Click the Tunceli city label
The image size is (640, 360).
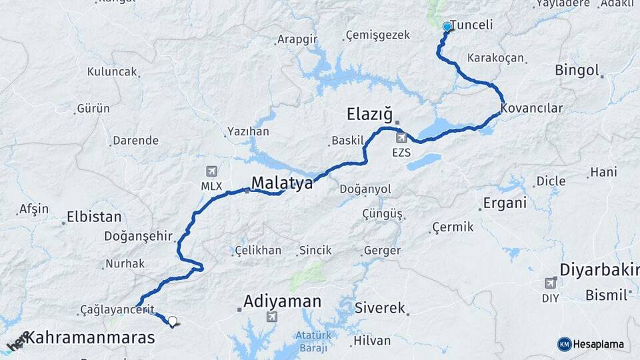471,25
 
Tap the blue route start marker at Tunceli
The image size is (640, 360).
447,27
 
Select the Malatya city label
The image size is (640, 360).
281,183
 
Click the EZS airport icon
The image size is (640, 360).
401,138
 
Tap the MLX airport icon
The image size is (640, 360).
212,171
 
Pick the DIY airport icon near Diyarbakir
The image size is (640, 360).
551,283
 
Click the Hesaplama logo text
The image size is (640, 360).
598,344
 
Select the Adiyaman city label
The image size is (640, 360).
282,301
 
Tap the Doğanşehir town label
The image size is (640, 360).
139,236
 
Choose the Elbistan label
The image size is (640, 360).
94,217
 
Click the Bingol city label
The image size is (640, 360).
577,70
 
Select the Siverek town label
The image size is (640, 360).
380,308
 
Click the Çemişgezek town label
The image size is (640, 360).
378,35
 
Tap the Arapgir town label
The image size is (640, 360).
297,39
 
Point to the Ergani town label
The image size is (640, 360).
505,203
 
